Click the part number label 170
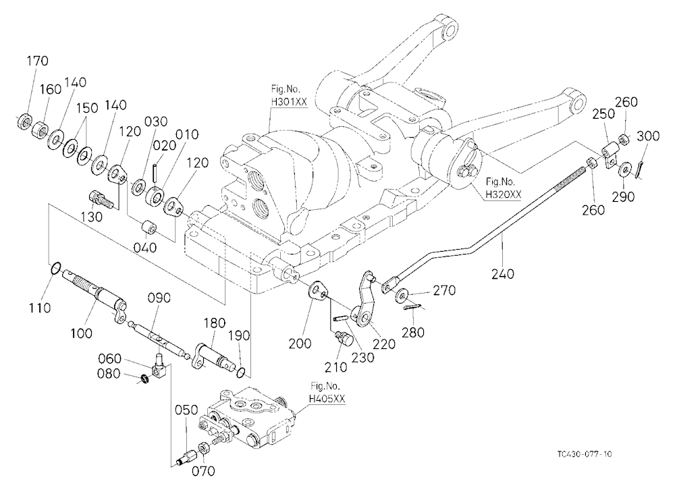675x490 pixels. tap(37, 61)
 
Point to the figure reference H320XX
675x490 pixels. tap(504, 194)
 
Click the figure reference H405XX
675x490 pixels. tap(327, 399)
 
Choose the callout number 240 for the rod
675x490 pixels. tap(503, 273)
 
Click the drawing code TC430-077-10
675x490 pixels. tap(584, 454)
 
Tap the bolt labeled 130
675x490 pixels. tap(101, 200)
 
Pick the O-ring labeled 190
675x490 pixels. tap(242, 372)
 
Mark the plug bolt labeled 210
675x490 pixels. tap(344, 337)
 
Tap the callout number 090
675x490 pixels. tap(159, 298)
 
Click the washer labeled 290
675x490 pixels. tap(623, 169)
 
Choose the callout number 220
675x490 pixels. tap(384, 344)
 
